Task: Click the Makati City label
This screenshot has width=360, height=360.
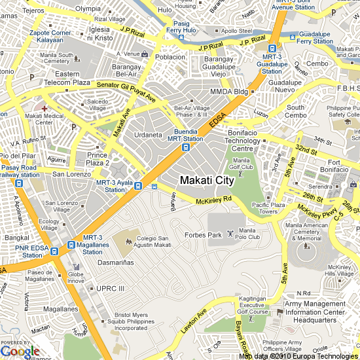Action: [x=206, y=180]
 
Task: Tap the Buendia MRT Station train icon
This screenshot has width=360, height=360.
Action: [x=186, y=147]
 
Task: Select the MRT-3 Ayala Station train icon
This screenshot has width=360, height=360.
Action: [x=137, y=186]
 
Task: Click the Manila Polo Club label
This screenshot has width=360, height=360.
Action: [x=247, y=233]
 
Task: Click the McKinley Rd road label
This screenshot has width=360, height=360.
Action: [x=214, y=199]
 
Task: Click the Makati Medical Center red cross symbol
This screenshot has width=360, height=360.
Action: [x=44, y=107]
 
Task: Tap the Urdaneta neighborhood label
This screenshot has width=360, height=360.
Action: [x=148, y=135]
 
